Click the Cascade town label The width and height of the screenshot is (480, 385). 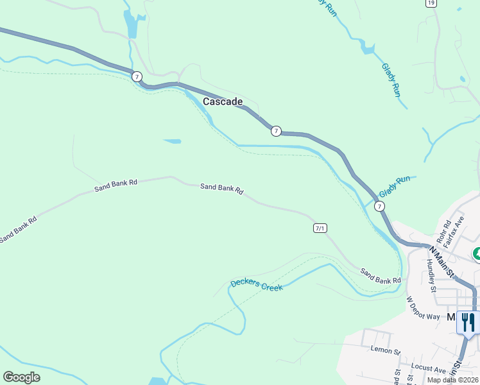click(x=223, y=101)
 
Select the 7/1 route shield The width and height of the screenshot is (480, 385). click(x=320, y=228)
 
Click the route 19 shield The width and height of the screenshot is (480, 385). click(x=431, y=3)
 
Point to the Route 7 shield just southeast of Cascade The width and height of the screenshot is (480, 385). click(x=275, y=131)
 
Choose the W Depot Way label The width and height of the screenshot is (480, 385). click(x=424, y=308)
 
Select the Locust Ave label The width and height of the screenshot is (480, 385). click(x=430, y=370)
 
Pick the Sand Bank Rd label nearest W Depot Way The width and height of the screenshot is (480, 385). click(x=380, y=276)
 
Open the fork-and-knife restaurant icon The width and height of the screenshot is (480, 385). click(x=468, y=321)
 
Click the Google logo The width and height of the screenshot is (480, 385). click(x=21, y=377)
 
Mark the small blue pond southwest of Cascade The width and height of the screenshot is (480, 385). click(x=172, y=141)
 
